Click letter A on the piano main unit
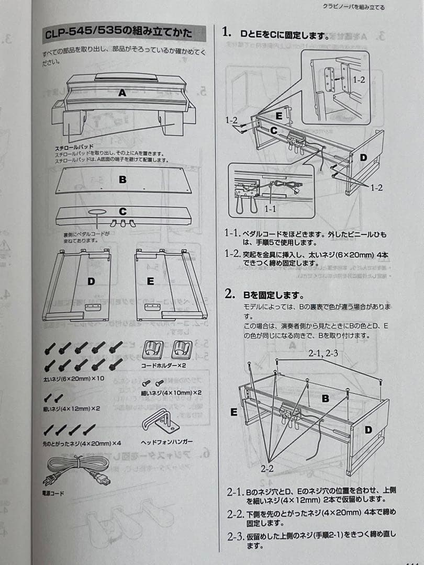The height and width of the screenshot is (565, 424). pyautogui.click(x=122, y=93)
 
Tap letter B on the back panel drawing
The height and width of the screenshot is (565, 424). pyautogui.click(x=122, y=179)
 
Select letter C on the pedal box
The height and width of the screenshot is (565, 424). pyautogui.click(x=122, y=212)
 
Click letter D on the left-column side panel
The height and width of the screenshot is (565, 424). pyautogui.click(x=91, y=281)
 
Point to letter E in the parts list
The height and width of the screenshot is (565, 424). pyautogui.click(x=150, y=281)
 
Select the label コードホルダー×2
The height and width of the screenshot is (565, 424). pyautogui.click(x=164, y=366)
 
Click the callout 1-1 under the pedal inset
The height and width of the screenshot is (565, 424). pyautogui.click(x=270, y=208)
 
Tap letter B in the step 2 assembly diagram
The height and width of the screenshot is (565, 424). pyautogui.click(x=325, y=399)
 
